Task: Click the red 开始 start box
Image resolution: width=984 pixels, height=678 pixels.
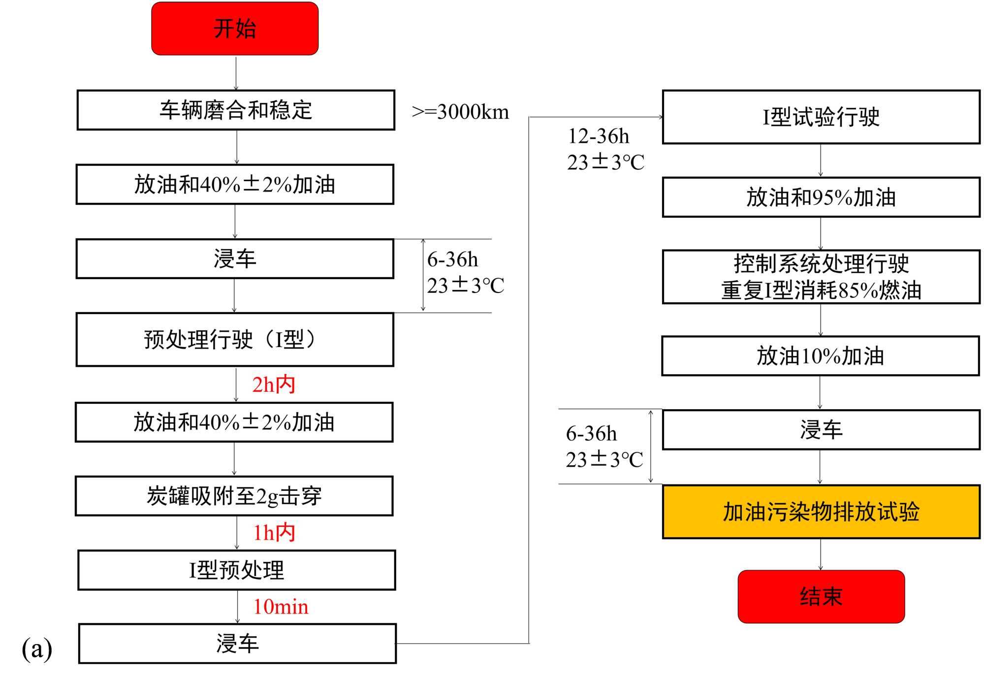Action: pyautogui.click(x=235, y=29)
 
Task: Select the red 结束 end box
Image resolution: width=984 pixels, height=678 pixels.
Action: pyautogui.click(x=821, y=596)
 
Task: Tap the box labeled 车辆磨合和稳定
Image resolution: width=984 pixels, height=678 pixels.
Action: pyautogui.click(x=236, y=110)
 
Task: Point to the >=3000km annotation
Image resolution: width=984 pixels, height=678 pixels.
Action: pyautogui.click(x=460, y=112)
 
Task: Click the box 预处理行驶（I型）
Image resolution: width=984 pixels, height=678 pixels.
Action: pyautogui.click(x=235, y=339)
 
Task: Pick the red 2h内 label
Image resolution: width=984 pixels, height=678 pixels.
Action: pyautogui.click(x=274, y=385)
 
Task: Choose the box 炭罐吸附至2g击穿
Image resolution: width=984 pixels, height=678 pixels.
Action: pyautogui.click(x=234, y=496)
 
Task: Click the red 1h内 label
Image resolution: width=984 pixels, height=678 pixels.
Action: pyautogui.click(x=274, y=533)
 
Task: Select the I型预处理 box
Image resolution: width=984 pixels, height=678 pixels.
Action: pyautogui.click(x=237, y=570)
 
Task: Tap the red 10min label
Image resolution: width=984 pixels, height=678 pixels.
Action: pyautogui.click(x=281, y=607)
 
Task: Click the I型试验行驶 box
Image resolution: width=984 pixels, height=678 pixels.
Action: pyautogui.click(x=821, y=117)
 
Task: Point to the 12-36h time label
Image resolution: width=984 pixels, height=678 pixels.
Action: pyautogui.click(x=599, y=136)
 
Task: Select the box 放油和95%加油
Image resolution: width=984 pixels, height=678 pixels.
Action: pyautogui.click(x=821, y=197)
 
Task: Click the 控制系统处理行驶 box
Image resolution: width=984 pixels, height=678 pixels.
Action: pyautogui.click(x=821, y=277)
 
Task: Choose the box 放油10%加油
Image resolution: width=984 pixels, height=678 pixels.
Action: pyautogui.click(x=820, y=355)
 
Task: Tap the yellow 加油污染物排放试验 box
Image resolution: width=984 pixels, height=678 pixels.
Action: pyautogui.click(x=821, y=512)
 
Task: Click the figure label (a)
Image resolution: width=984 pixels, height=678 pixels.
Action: pyautogui.click(x=37, y=648)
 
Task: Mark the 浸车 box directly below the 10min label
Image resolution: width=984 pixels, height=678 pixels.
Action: pyautogui.click(x=237, y=644)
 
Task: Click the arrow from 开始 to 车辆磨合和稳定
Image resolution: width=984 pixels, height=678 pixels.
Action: pyautogui.click(x=236, y=73)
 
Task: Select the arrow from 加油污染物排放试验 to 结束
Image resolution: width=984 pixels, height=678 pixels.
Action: pyautogui.click(x=821, y=554)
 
